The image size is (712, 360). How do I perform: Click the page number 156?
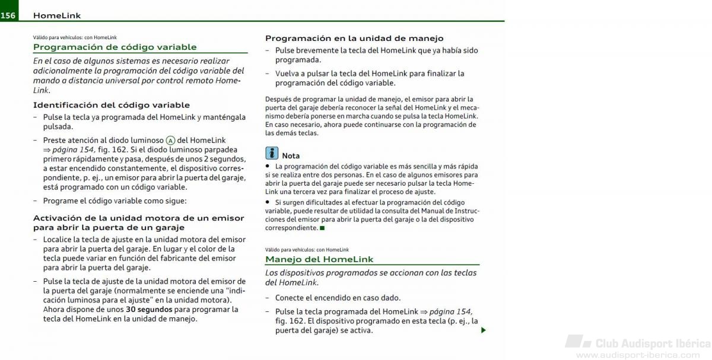[8, 15]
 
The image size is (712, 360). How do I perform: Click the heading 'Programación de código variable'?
[115, 47]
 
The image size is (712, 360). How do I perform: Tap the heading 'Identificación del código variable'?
[111, 105]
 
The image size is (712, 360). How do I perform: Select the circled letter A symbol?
[170, 141]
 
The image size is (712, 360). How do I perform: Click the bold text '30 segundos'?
[149, 309]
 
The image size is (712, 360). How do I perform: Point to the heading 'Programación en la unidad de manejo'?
[354, 38]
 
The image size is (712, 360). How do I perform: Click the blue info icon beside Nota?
[272, 153]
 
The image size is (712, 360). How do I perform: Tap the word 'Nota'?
[291, 155]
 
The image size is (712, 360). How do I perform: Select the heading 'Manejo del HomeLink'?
[319, 259]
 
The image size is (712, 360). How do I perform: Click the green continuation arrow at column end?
[484, 330]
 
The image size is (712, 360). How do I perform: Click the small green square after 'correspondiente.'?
[322, 228]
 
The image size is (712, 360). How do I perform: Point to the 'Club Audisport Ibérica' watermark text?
[652, 343]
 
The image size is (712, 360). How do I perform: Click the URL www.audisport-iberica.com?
[638, 355]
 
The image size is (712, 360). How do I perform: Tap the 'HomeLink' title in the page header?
[57, 15]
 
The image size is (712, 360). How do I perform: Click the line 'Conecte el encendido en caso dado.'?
[338, 298]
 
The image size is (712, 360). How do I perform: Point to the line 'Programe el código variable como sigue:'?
[115, 200]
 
